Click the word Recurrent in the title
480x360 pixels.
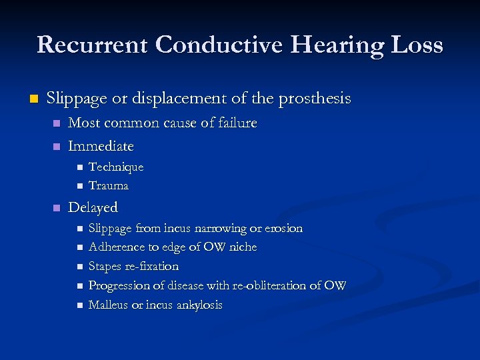coord(93,45)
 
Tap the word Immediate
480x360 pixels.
coord(101,146)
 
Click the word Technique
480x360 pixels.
coord(116,167)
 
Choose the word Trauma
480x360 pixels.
coord(109,185)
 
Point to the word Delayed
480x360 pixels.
coord(93,207)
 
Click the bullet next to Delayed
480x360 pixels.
coord(56,207)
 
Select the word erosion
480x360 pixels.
coord(284,228)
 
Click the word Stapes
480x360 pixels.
coord(104,267)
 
